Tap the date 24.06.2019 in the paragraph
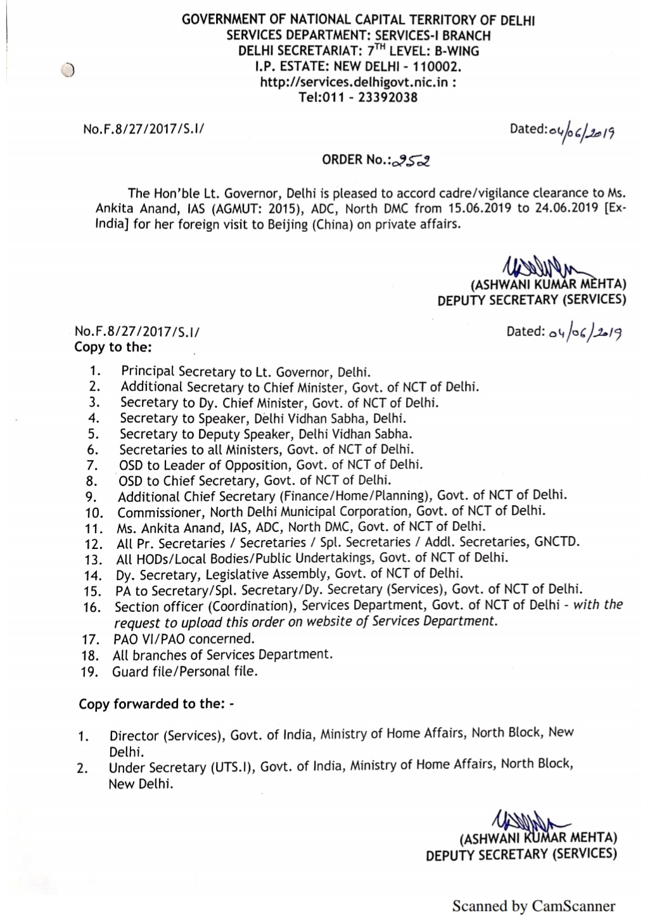click(566, 209)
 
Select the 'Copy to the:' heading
click(113, 347)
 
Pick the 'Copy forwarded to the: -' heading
click(156, 704)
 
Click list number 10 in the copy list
click(94, 513)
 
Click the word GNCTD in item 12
click(557, 542)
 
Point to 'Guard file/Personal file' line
click(185, 671)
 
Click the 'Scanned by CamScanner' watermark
click(533, 906)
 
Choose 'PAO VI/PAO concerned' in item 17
click(183, 639)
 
